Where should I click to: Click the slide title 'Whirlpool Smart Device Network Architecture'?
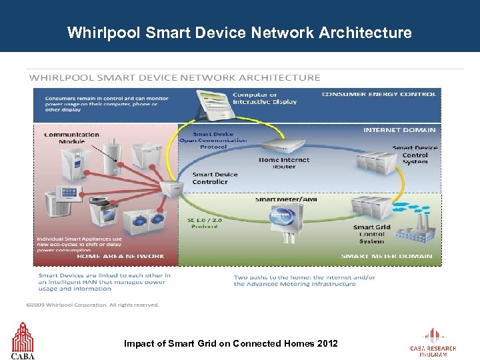(x=239, y=32)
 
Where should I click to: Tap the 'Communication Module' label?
(x=72, y=138)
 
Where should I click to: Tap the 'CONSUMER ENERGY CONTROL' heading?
(x=379, y=94)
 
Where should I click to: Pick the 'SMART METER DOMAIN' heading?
(x=387, y=256)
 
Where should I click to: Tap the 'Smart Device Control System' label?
(x=415, y=155)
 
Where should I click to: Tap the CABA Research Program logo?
(x=433, y=343)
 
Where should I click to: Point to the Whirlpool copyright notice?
(x=93, y=305)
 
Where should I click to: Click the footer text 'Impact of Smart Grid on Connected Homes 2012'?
(x=231, y=343)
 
